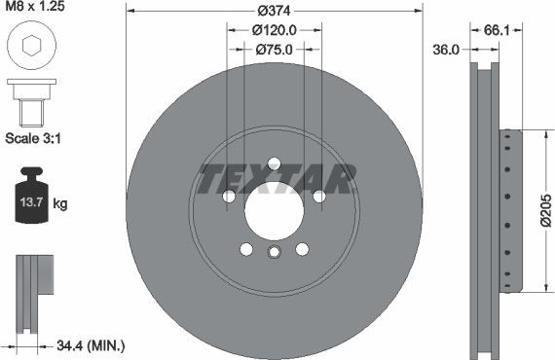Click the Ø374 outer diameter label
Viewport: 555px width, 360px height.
(276, 12)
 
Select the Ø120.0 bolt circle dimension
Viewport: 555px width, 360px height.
(274, 30)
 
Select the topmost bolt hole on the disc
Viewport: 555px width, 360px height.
(274, 163)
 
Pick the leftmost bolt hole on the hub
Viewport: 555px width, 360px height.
(230, 197)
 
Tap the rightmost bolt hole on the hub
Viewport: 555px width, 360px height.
(317, 197)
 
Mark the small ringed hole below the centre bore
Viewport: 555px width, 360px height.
(274, 254)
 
